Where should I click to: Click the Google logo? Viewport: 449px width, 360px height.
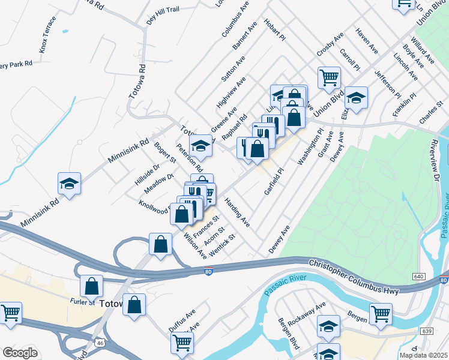click(20, 353)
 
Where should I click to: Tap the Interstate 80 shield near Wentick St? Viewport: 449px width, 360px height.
click(207, 255)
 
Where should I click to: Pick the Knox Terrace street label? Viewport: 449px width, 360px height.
click(48, 34)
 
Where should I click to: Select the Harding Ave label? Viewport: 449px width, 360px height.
click(237, 212)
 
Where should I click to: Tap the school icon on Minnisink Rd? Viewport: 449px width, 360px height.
click(69, 184)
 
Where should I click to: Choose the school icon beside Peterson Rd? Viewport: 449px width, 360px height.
click(200, 146)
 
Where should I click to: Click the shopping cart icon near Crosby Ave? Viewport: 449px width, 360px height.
click(329, 77)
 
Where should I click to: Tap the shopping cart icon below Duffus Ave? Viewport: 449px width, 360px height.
click(182, 342)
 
